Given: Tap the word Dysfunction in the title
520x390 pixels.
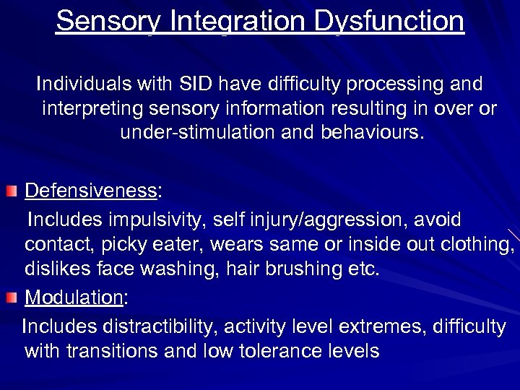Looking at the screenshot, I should pos(389,22).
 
